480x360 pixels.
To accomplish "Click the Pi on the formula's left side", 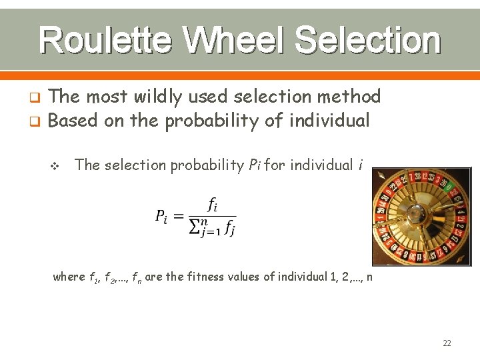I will [x=161, y=216].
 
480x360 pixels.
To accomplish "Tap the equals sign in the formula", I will [x=178, y=215].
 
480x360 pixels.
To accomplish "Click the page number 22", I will [x=447, y=343].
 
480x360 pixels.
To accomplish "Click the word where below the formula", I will [x=69, y=277].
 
